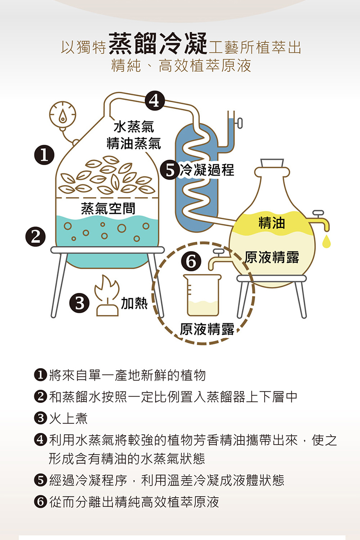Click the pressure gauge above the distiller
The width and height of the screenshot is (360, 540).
(x=62, y=114)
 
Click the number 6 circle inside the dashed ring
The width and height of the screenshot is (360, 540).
(x=191, y=261)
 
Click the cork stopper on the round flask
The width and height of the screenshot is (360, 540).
(x=273, y=162)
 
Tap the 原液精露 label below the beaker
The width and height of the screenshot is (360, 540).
(x=207, y=330)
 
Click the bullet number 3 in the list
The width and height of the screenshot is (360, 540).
(x=40, y=418)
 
